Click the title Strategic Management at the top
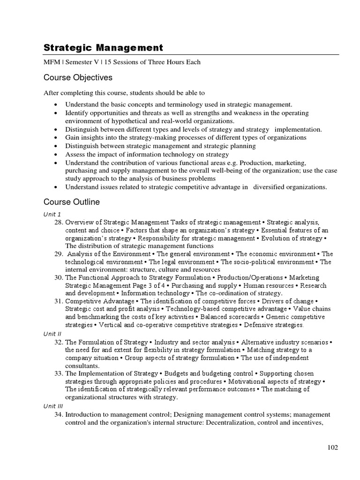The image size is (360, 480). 103,47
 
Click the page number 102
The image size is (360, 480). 332,448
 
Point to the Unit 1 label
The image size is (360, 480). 52,214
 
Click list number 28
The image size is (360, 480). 59,222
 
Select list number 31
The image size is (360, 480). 59,301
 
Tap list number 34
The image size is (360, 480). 59,414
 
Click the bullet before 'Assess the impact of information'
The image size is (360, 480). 56,154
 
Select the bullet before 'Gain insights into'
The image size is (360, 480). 56,138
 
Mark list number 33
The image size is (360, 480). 59,374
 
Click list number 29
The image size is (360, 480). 59,254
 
